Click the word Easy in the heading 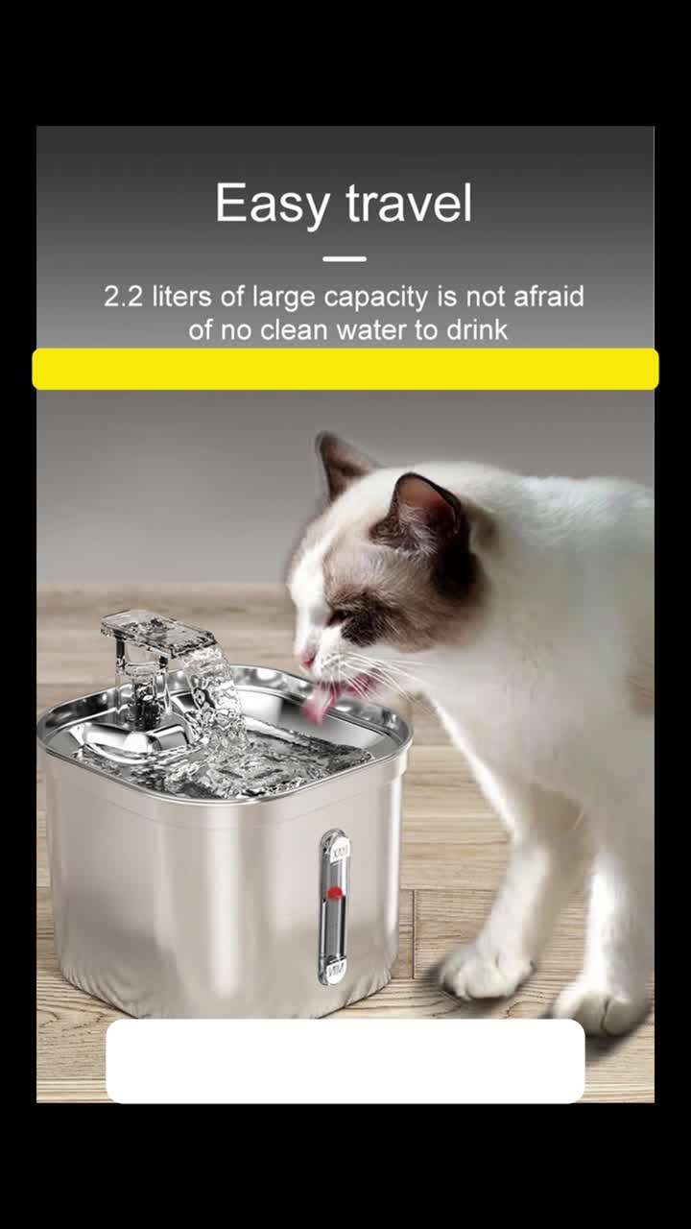click(272, 205)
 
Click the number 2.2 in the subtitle click(124, 297)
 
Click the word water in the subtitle click(373, 331)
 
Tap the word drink click(477, 329)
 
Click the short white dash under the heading click(345, 258)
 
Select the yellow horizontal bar click(345, 369)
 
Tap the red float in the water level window click(335, 893)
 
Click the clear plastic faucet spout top click(158, 635)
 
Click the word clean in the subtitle click(294, 329)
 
